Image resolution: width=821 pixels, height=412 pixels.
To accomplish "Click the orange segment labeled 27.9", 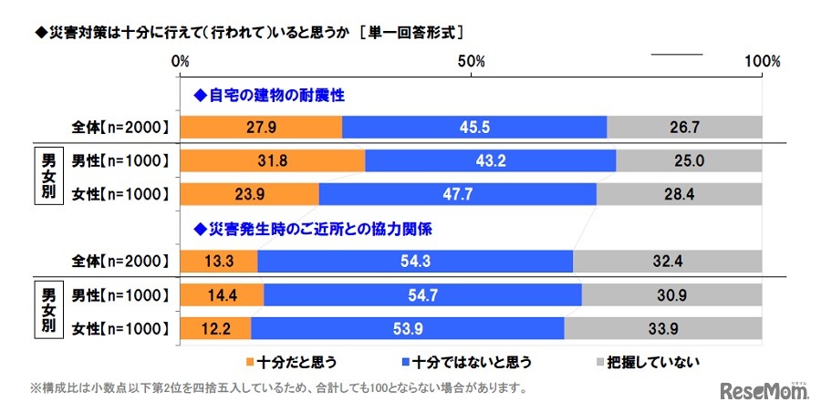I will [x=261, y=128].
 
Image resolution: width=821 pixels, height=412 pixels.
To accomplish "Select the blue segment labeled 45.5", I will [x=474, y=128].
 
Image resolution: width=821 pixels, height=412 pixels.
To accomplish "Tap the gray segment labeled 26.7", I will [x=684, y=128].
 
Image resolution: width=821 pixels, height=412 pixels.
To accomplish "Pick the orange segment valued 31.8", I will [x=273, y=161].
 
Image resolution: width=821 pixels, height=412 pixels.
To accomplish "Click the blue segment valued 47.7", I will [x=457, y=193].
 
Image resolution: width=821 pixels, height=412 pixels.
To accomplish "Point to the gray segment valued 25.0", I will [x=689, y=161].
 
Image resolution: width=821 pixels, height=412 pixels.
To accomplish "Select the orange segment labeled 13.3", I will [x=219, y=261].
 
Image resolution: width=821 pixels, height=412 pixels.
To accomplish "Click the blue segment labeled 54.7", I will [x=422, y=294].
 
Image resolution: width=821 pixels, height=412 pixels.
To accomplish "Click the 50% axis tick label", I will [x=471, y=62].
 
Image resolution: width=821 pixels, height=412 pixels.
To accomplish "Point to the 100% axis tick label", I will [x=762, y=62].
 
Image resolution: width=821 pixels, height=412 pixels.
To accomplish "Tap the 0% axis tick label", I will [x=181, y=62].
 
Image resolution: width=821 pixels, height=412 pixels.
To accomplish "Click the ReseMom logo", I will [x=764, y=391].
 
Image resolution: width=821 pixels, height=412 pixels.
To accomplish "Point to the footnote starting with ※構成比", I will [x=279, y=387].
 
